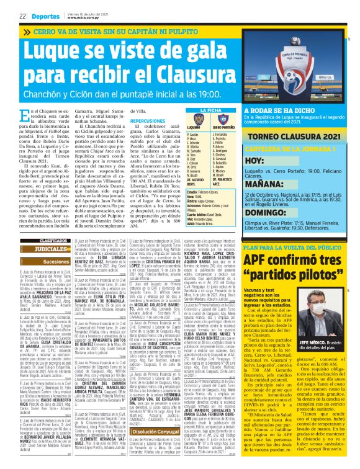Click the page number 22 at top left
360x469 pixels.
22,16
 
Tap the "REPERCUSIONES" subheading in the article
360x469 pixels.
148,121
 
